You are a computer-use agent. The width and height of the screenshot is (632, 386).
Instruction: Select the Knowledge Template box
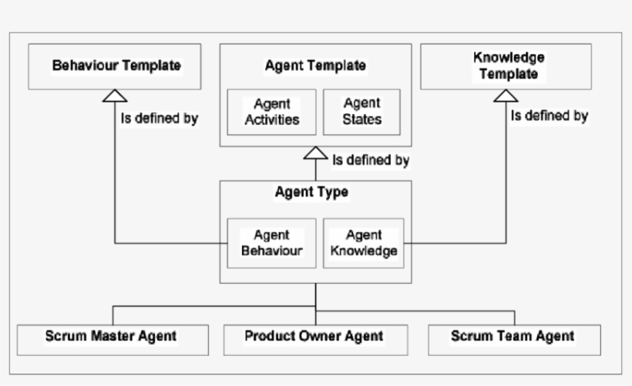(x=506, y=66)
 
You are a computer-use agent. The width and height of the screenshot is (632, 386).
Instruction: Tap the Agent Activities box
(x=271, y=112)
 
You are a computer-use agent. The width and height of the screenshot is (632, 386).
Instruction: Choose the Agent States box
(x=361, y=112)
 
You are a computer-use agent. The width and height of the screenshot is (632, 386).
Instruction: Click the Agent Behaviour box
(x=271, y=243)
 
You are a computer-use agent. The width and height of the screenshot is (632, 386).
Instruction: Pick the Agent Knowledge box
(x=361, y=243)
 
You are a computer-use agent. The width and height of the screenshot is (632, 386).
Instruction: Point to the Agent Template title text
(x=315, y=65)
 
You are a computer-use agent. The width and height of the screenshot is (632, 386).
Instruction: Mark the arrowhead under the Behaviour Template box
(x=115, y=96)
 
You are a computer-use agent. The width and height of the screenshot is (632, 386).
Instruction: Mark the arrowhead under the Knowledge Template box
(x=506, y=96)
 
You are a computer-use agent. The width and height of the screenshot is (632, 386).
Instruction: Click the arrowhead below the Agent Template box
(x=315, y=153)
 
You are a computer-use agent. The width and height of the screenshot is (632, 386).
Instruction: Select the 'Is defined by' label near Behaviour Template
(x=160, y=119)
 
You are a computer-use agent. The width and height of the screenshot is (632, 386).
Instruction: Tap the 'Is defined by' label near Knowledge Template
(x=550, y=116)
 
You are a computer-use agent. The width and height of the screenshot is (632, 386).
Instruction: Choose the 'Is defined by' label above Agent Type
(x=370, y=161)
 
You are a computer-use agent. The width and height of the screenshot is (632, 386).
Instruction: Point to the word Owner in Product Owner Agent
(x=319, y=336)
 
